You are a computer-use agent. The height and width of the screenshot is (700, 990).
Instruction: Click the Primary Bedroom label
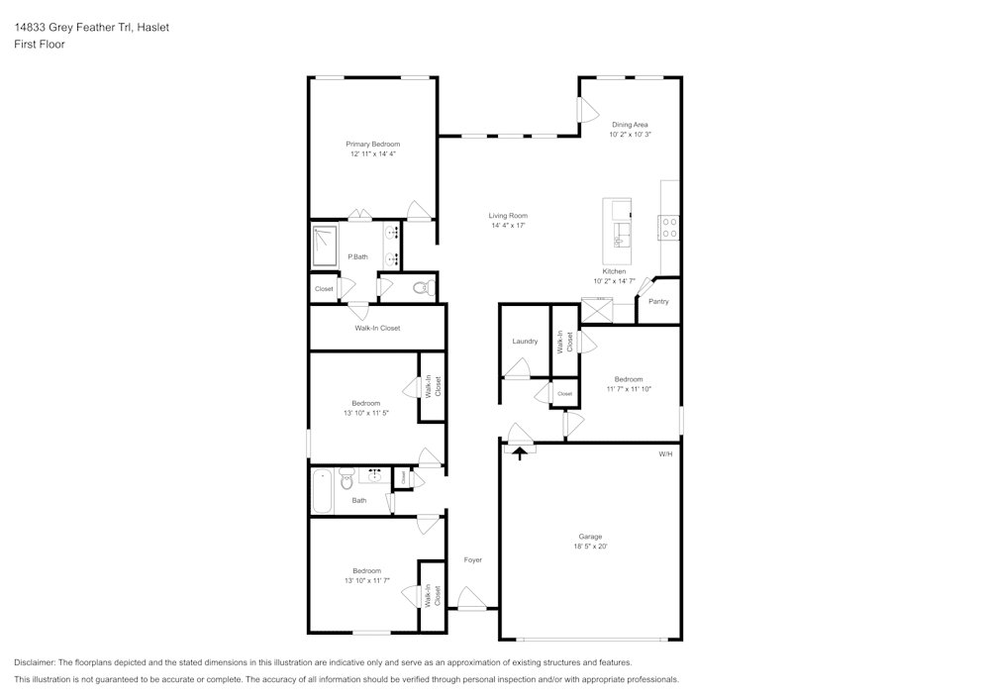point(372,144)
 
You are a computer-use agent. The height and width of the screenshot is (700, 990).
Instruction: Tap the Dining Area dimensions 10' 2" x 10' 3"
point(630,134)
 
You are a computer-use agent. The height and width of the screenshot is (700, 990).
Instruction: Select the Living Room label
point(508,215)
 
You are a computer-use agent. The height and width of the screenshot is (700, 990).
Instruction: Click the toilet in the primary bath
point(422,289)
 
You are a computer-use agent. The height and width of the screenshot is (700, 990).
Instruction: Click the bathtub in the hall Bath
point(323,492)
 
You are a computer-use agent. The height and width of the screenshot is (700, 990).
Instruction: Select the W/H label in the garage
point(665,453)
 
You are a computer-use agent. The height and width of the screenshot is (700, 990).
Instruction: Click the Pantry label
point(658,301)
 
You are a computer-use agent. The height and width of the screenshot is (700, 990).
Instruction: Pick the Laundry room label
point(525,341)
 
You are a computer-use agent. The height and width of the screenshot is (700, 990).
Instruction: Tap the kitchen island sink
point(621,233)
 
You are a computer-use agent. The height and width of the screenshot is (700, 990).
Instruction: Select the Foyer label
point(473,560)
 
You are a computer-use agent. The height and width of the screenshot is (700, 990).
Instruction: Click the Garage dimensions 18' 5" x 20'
point(590,547)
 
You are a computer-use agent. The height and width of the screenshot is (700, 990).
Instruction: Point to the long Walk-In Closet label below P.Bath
point(377,328)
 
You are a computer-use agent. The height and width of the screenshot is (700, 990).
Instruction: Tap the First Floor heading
point(40,45)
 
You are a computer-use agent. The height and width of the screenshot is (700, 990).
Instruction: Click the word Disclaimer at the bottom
point(34,662)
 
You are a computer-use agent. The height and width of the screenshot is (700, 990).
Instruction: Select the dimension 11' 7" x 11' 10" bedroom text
point(629,389)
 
